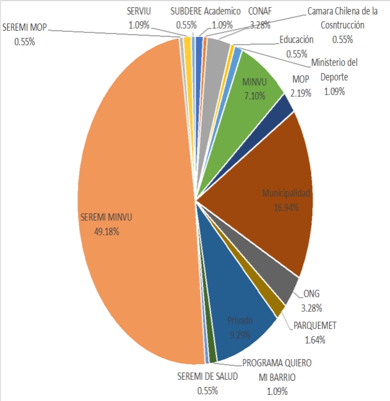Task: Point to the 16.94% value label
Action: pyautogui.click(x=286, y=207)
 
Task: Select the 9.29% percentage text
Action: pyautogui.click(x=240, y=334)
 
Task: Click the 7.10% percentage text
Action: pyautogui.click(x=254, y=96)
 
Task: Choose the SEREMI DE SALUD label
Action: pyautogui.click(x=207, y=376)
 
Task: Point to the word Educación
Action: pyautogui.click(x=297, y=40)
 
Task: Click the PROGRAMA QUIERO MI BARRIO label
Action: pyautogui.click(x=277, y=369)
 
